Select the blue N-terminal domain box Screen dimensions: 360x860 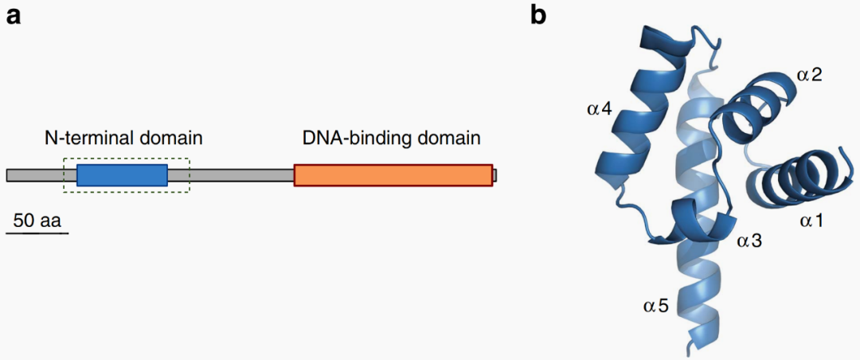click(x=122, y=175)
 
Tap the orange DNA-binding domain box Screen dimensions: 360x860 click(x=393, y=174)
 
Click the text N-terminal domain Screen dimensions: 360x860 click(x=123, y=139)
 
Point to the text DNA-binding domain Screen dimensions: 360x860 click(x=391, y=139)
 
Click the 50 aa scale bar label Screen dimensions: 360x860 click(x=37, y=221)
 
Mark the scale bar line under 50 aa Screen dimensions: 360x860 click(x=37, y=233)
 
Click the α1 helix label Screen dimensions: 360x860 click(x=811, y=221)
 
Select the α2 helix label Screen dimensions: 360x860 click(x=810, y=76)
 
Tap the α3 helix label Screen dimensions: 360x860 click(x=751, y=239)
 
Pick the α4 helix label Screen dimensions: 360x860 click(x=599, y=109)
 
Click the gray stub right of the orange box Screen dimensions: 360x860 click(x=494, y=175)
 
